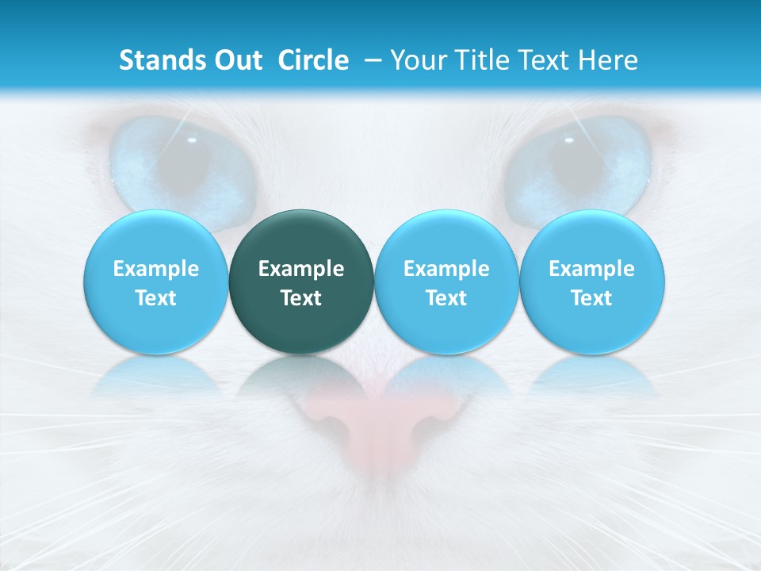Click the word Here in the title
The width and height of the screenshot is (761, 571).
pos(610,60)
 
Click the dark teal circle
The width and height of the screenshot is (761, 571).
pos(301,282)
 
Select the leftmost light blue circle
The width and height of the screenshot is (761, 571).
pos(156,282)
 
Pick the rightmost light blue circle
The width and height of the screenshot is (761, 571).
pos(592,282)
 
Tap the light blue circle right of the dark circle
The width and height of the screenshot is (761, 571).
pos(446,282)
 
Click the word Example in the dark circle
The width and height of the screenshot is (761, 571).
pos(301,269)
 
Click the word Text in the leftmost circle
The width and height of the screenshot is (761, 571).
pos(156,298)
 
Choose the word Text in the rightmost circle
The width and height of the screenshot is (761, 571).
pos(592,298)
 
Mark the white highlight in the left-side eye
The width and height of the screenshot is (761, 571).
pos(191,140)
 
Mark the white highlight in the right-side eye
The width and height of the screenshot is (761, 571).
pos(568,140)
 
